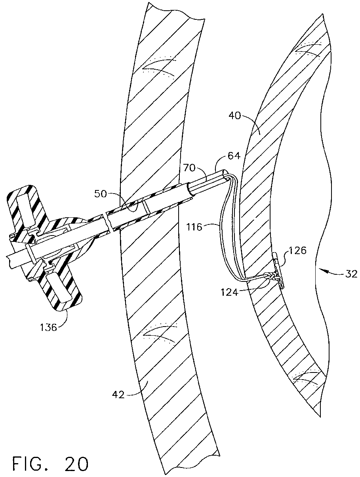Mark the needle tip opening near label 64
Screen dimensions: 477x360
tap(226, 175)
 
